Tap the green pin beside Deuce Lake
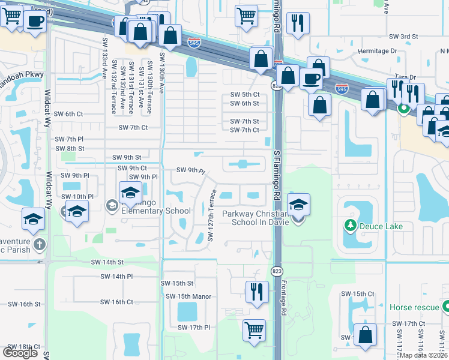click(350, 226)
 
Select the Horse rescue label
click(414, 307)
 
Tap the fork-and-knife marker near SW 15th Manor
click(257, 292)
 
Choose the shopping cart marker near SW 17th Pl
click(254, 329)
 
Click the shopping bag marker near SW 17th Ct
click(364, 335)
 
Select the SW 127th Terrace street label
click(211, 216)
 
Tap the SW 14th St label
click(107, 262)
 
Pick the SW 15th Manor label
click(186, 296)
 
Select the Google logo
click(20, 352)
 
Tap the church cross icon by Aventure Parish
click(40, 244)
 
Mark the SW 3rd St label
click(402, 37)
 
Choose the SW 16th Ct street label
click(116, 302)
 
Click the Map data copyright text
click(424, 355)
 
